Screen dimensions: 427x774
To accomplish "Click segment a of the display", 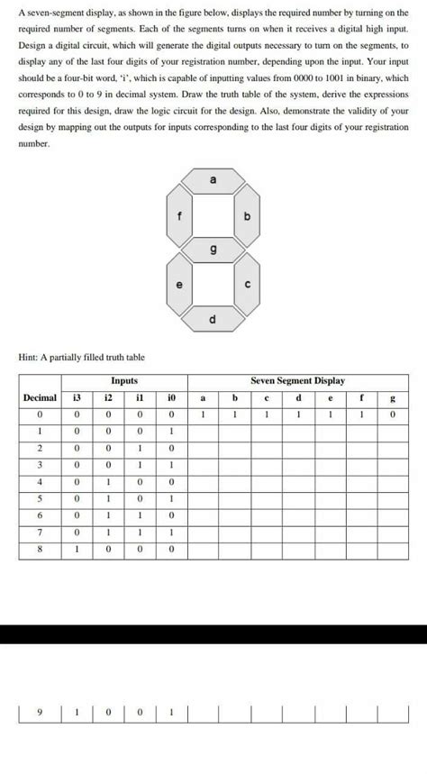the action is click(x=213, y=181).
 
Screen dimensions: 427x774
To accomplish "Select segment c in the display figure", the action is click(x=248, y=286).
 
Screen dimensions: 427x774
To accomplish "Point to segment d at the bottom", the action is click(x=213, y=320).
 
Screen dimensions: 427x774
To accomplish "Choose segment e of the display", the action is click(x=178, y=286).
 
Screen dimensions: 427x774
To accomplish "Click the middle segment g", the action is click(x=213, y=250).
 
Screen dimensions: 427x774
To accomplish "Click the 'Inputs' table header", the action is click(x=123, y=382).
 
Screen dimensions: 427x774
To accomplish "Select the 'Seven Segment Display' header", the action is click(x=297, y=382).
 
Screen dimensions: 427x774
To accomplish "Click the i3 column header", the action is click(x=77, y=398).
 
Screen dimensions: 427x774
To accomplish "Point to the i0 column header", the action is click(x=171, y=398).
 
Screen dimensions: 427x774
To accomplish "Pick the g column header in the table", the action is click(x=393, y=398).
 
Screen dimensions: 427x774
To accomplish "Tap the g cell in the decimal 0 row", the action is click(x=393, y=415).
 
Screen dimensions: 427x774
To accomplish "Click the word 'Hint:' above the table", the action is click(x=29, y=358).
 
